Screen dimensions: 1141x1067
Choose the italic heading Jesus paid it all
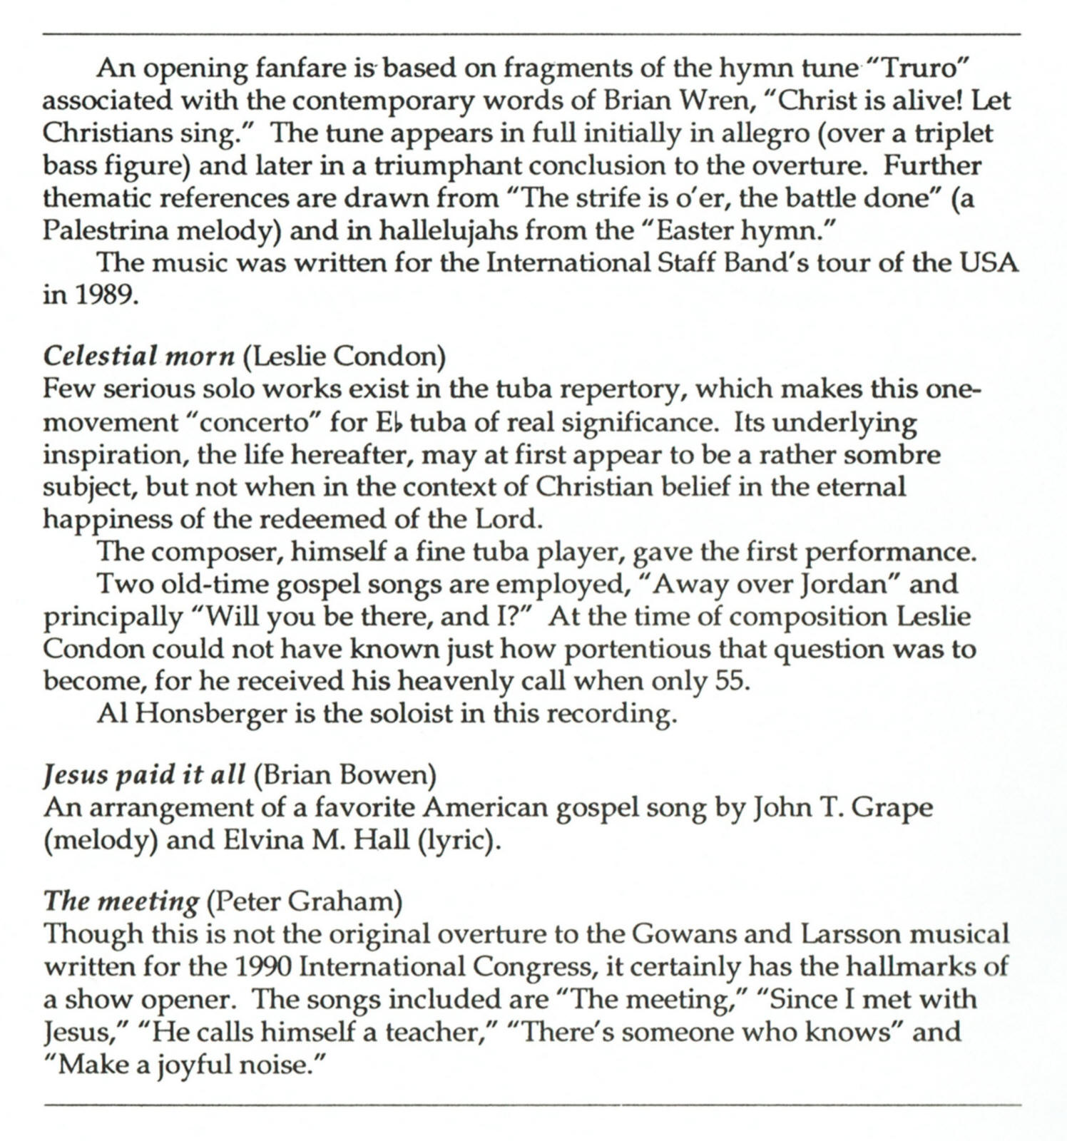[x=145, y=774]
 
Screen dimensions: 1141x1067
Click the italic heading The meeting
[x=121, y=903]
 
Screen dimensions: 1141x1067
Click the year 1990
[x=262, y=967]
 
